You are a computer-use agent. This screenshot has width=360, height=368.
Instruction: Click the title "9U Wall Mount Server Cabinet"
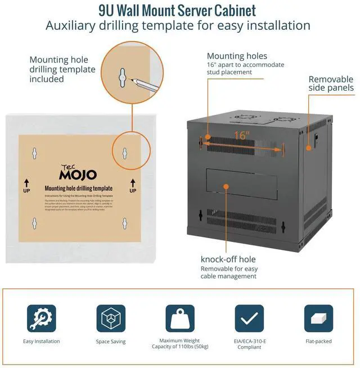[x=177, y=11]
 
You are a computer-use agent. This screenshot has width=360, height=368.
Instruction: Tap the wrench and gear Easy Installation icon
[x=42, y=318]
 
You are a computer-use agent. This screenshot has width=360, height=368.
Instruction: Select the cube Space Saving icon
[x=111, y=318]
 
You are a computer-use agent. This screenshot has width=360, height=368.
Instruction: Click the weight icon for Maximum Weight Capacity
[x=179, y=318]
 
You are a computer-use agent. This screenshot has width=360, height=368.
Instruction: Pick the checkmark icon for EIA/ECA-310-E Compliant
[x=249, y=318]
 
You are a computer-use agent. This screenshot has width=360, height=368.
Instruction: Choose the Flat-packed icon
[x=318, y=318]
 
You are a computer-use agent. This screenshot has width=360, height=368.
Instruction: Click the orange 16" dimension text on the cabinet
[x=242, y=136]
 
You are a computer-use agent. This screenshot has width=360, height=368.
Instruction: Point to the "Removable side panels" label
[x=331, y=83]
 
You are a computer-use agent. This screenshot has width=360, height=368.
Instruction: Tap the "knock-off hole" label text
[x=228, y=259]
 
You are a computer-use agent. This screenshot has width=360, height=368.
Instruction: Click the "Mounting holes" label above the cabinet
[x=237, y=56]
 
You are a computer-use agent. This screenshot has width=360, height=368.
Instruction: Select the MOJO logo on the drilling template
[x=78, y=173]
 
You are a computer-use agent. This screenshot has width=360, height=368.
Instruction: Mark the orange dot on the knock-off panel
[x=226, y=185]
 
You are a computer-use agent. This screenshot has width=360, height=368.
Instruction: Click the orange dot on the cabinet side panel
[x=308, y=147]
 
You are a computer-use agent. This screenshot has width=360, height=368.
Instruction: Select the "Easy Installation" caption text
[x=42, y=342]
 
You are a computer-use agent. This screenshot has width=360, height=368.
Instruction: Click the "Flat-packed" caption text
[x=318, y=342]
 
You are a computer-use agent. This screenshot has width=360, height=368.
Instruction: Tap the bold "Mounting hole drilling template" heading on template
[x=79, y=188]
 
